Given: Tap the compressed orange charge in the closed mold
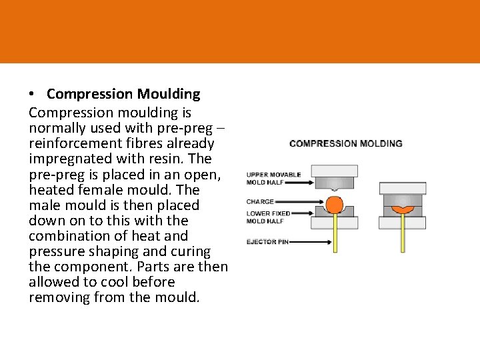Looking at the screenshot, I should coord(402,209).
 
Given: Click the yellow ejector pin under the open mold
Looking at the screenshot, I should coord(333,237).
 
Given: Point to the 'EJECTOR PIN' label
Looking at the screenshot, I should coord(267,241).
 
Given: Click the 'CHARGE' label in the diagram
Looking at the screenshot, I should coord(260,201).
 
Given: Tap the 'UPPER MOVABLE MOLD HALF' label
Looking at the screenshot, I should coord(273,178).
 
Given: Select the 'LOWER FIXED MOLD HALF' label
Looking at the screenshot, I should coord(269,217).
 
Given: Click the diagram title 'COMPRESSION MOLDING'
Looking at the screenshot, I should coord(346,143).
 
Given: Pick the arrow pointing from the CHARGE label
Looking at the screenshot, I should coord(300,201).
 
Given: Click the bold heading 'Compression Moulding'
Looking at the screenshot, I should coord(123,94).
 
